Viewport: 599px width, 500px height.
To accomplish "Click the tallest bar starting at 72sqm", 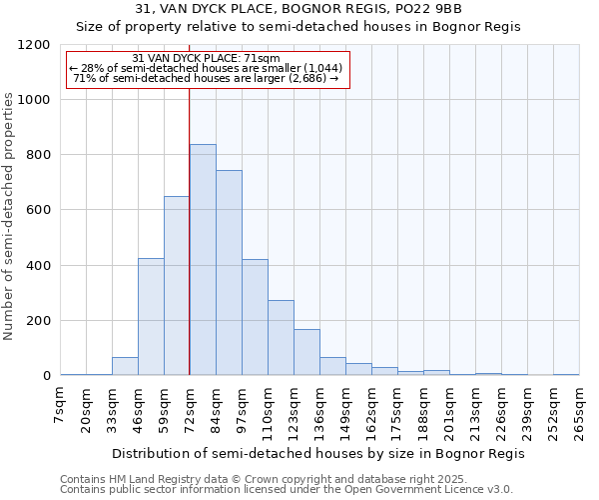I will (x=203, y=260).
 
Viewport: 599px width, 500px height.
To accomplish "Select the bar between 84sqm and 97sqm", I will (x=229, y=273).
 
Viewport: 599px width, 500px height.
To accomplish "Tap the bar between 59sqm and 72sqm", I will (x=177, y=286).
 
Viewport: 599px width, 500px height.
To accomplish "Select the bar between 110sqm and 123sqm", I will (x=281, y=338).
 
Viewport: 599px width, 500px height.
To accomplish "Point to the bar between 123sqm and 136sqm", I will (x=306, y=352).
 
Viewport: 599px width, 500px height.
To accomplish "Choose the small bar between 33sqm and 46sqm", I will (x=125, y=366).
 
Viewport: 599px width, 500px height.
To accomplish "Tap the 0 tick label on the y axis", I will (x=46, y=376).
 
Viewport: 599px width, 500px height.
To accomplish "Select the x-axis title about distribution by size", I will (x=318, y=453).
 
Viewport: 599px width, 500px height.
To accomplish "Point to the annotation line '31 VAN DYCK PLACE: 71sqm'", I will (x=207, y=59).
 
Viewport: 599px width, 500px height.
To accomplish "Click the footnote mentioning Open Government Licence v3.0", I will (x=287, y=490).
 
